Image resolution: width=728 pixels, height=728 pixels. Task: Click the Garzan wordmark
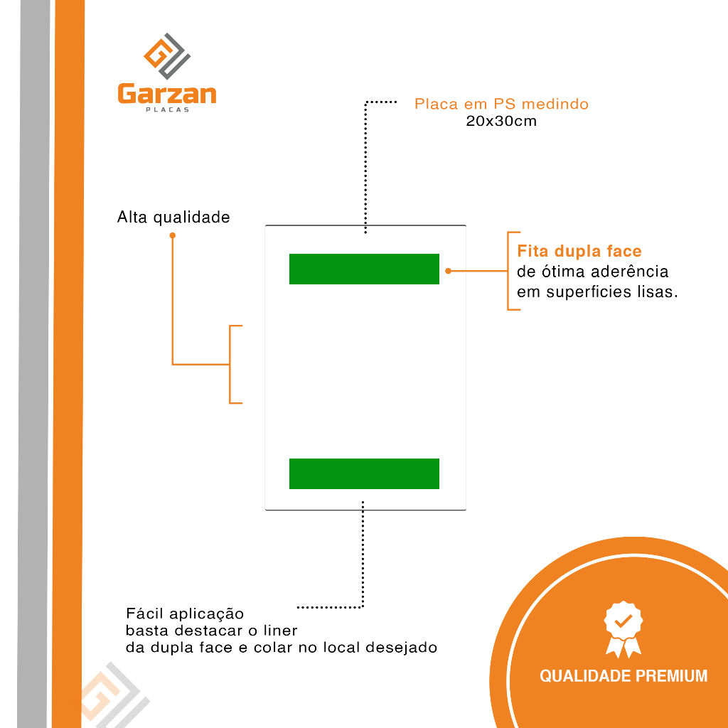pyautogui.click(x=167, y=95)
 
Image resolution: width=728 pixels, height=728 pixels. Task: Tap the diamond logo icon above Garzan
pyautogui.click(x=167, y=55)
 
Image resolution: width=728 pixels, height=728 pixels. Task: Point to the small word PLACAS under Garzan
pyautogui.click(x=168, y=110)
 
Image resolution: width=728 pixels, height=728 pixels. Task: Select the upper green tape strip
pyautogui.click(x=364, y=269)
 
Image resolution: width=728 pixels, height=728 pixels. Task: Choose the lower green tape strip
pyautogui.click(x=364, y=473)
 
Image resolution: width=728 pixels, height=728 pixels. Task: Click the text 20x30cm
pyautogui.click(x=501, y=121)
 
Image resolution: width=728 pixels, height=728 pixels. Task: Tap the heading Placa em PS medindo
pyautogui.click(x=501, y=104)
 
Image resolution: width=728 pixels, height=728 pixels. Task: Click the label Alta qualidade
pyautogui.click(x=173, y=218)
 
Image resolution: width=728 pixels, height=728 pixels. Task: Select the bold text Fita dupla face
pyautogui.click(x=579, y=251)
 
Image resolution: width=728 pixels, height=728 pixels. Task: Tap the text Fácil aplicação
pyautogui.click(x=185, y=614)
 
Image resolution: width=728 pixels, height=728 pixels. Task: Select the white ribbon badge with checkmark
pyautogui.click(x=623, y=628)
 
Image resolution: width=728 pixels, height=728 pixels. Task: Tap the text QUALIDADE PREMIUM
pyautogui.click(x=623, y=675)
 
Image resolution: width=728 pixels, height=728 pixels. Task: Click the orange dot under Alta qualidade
pyautogui.click(x=173, y=235)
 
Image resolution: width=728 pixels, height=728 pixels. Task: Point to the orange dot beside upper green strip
pyautogui.click(x=448, y=271)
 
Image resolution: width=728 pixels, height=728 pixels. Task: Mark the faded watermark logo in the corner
pyautogui.click(x=115, y=695)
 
